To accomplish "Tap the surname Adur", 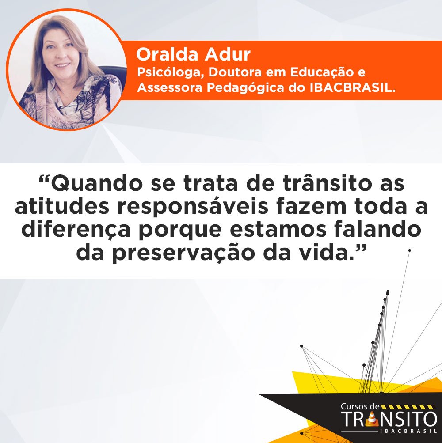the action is click(x=228, y=54).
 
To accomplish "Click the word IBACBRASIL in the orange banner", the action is click(x=352, y=88).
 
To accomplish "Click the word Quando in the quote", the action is click(x=97, y=184).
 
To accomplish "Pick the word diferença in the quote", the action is click(x=76, y=230).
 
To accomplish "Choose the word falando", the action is click(x=378, y=229).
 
